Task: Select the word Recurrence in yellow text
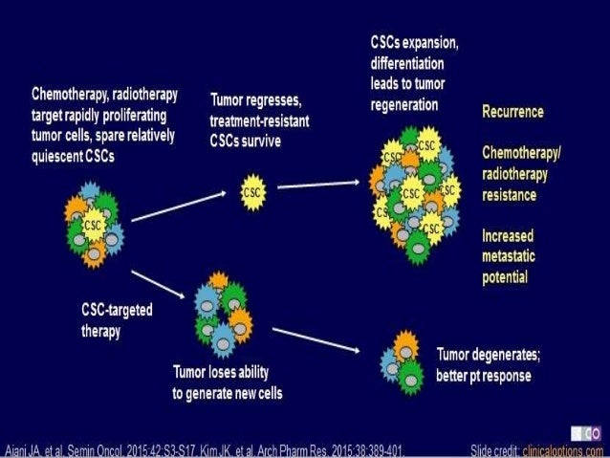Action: [x=512, y=112]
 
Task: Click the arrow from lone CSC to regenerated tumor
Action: [x=316, y=184]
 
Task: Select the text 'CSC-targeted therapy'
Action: [x=118, y=319]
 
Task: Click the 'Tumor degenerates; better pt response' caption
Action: [x=488, y=362]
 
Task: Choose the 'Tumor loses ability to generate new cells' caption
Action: [x=227, y=382]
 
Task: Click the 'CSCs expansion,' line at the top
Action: [x=415, y=44]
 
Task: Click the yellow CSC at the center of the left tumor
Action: [x=93, y=225]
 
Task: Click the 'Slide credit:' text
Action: [x=492, y=449]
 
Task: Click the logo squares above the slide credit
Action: [x=589, y=433]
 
